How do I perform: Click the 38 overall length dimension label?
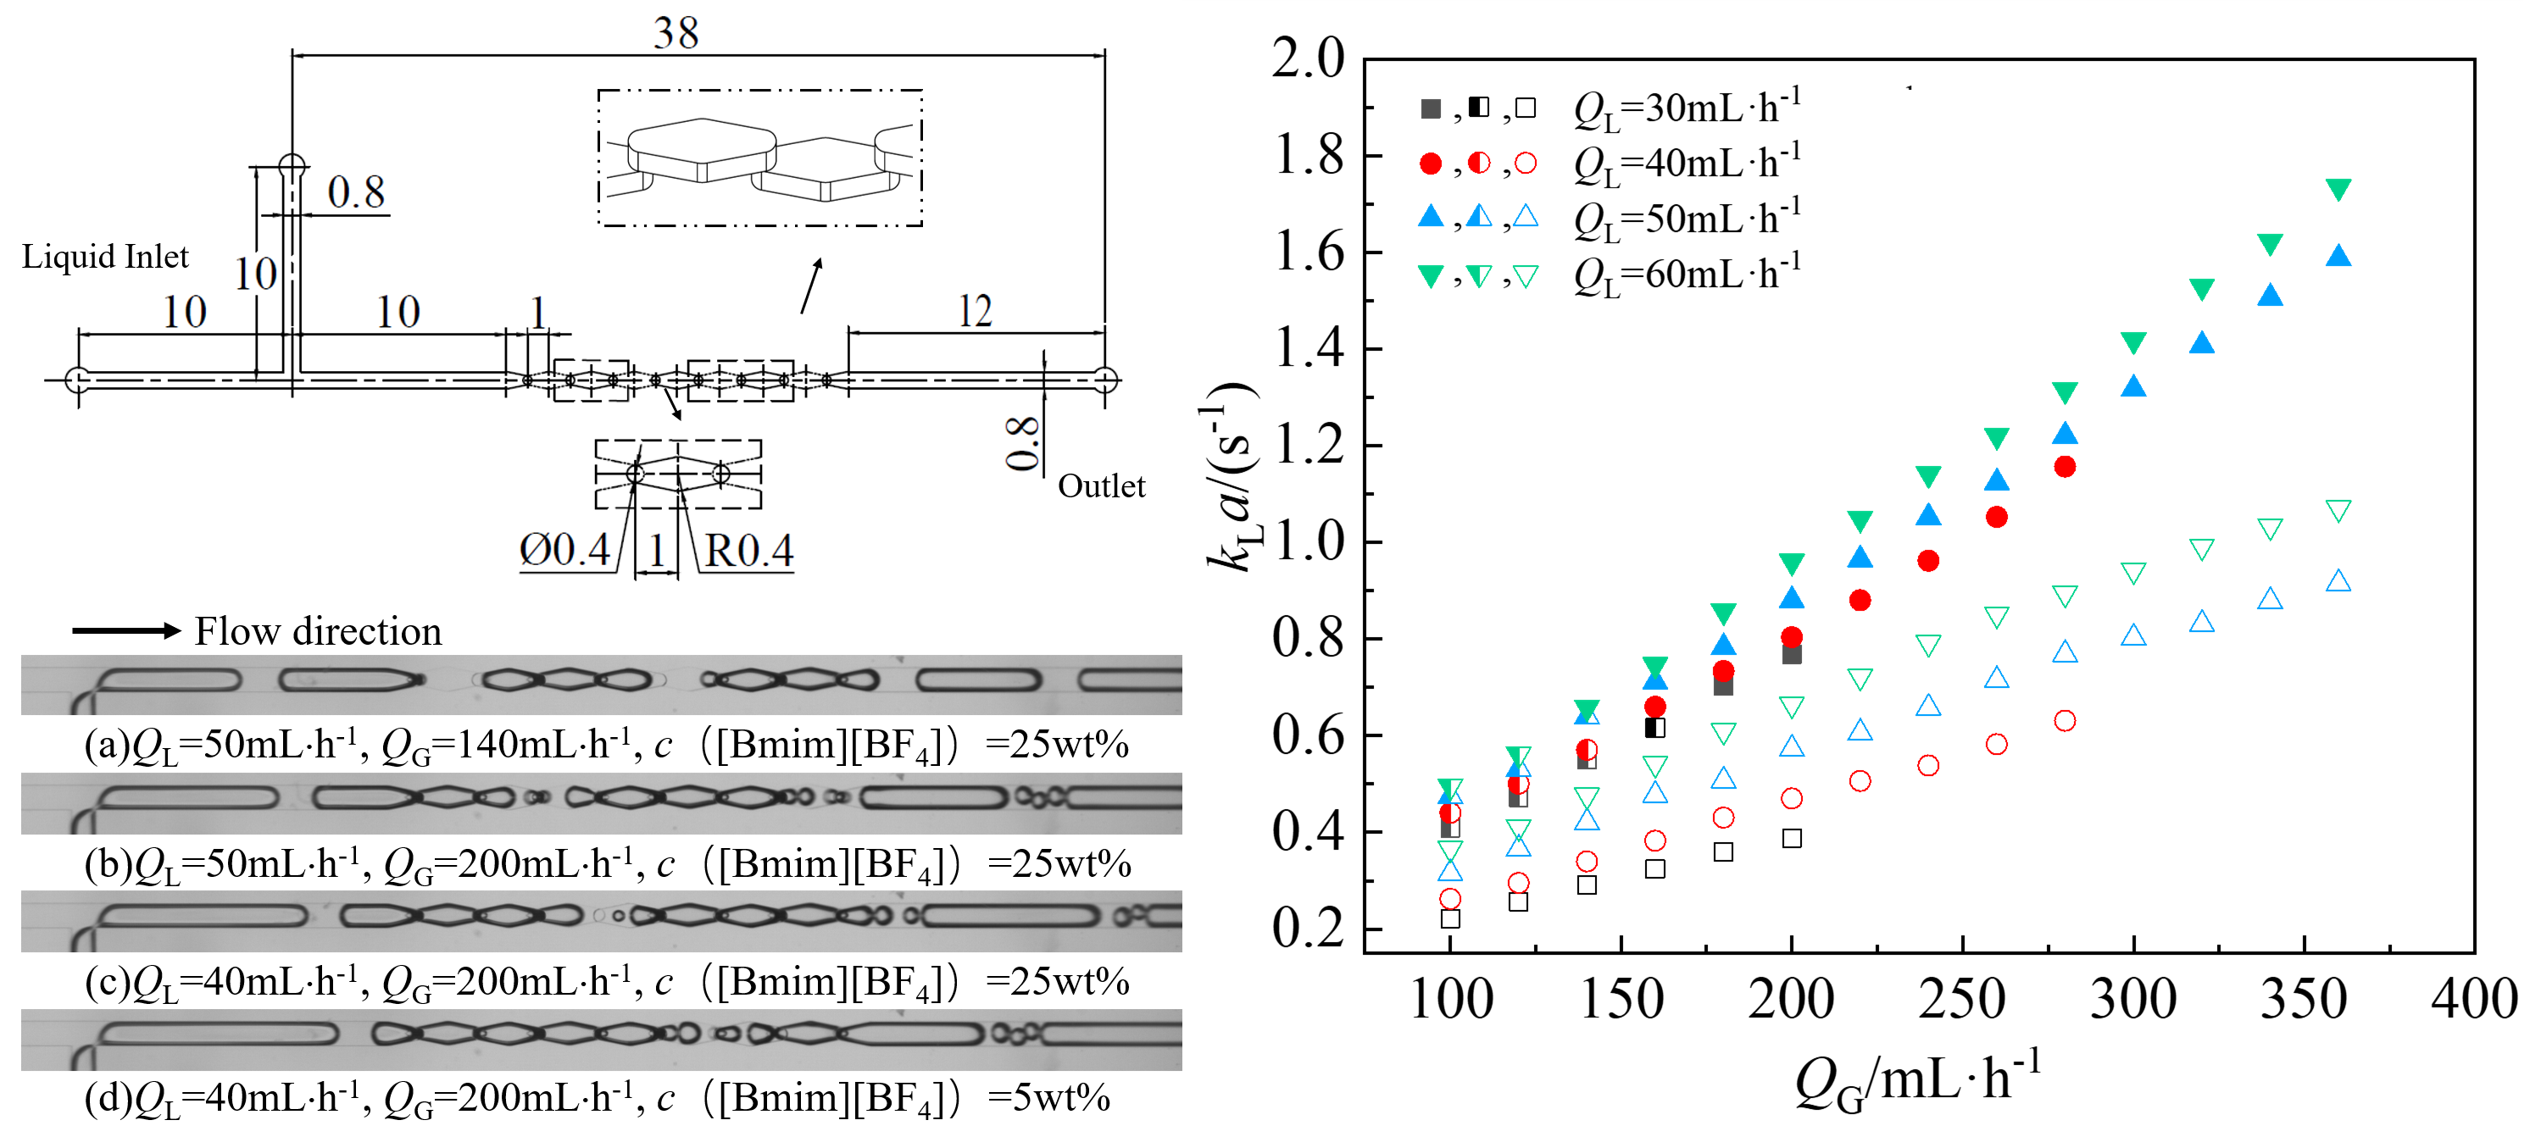pos(676,33)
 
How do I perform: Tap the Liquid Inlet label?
pos(105,258)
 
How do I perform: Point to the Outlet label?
pos(1101,486)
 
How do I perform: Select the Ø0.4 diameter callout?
pos(564,550)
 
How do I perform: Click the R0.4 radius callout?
pos(748,551)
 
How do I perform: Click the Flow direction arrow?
pos(126,630)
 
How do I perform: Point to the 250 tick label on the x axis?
pos(1961,1000)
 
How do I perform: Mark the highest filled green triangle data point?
pos(2338,190)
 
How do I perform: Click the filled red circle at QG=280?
pos(2065,467)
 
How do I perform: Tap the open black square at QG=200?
pos(1792,838)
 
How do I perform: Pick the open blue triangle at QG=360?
pos(2338,581)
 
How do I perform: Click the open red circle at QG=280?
pos(2065,721)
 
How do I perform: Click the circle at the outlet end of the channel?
pos(1105,379)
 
